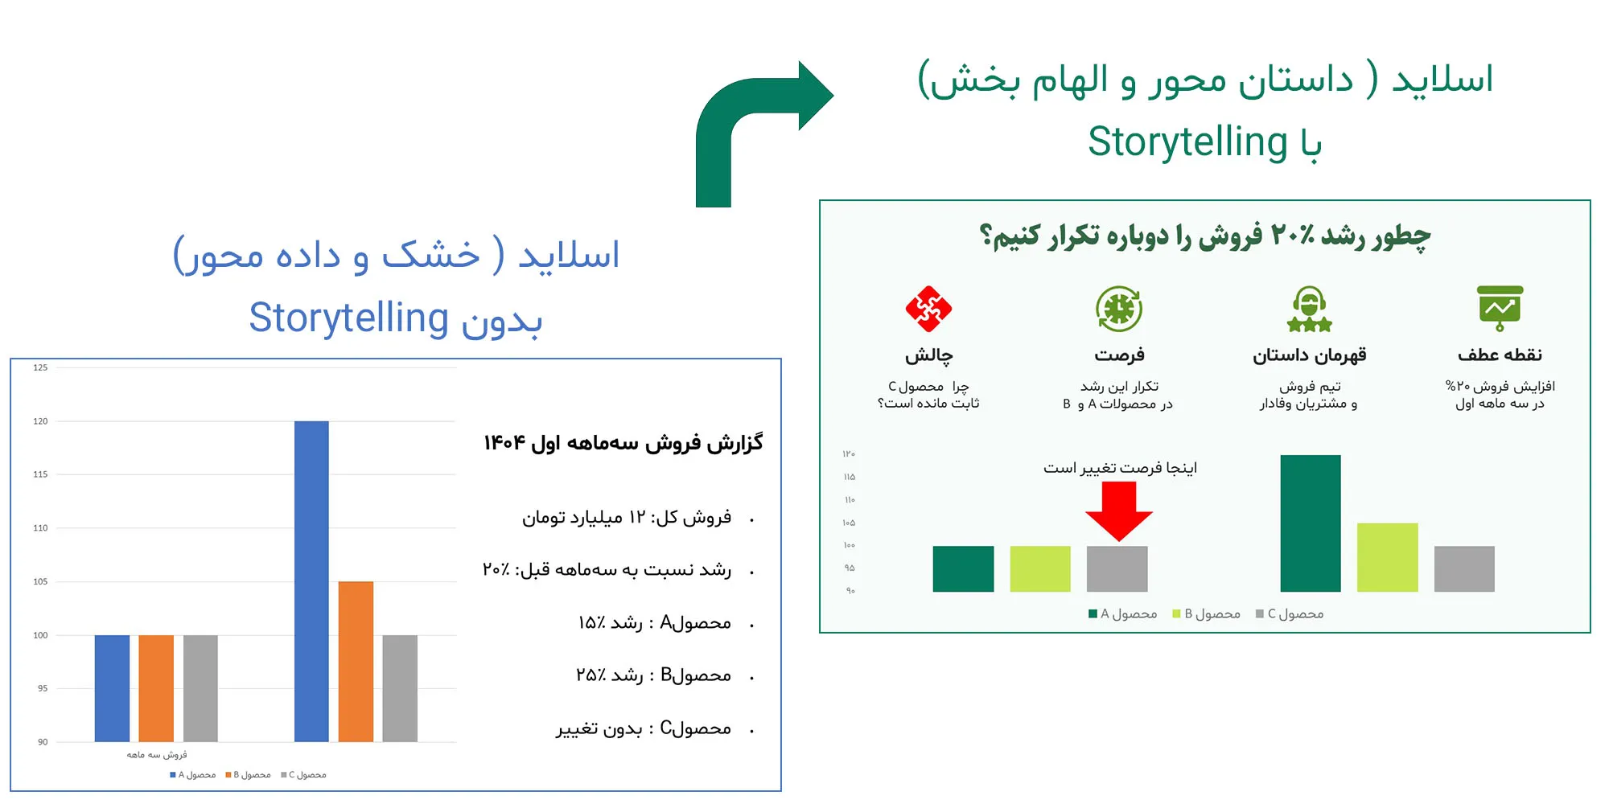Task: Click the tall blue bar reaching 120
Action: (311, 581)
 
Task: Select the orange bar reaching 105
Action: (356, 661)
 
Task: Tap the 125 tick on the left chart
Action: (40, 367)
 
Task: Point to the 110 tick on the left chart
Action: (40, 528)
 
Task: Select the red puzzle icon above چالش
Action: (928, 309)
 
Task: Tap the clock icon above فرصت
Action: (1119, 309)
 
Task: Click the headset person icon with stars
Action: (1310, 309)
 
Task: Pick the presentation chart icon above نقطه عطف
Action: (1500, 309)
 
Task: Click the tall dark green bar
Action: (1311, 523)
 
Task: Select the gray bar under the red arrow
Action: (1117, 569)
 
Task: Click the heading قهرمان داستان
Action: (1310, 355)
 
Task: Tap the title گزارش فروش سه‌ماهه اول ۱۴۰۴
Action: (623, 443)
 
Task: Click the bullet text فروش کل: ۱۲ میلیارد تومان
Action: (627, 517)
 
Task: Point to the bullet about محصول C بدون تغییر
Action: (644, 728)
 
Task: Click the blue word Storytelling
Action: (348, 318)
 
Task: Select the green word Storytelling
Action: (1187, 142)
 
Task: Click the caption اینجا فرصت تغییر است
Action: (1120, 468)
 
